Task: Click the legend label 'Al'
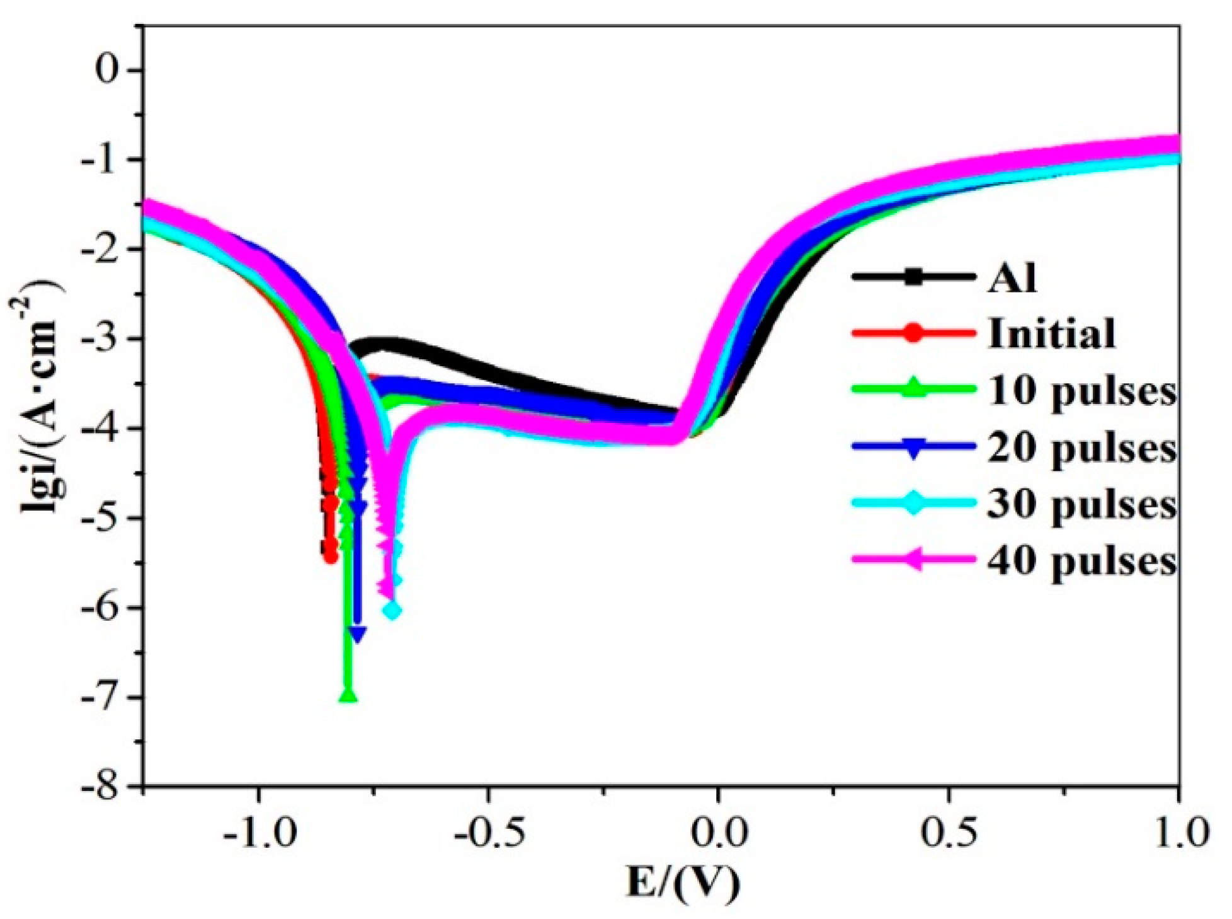click(x=1012, y=277)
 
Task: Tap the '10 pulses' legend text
click(x=1081, y=391)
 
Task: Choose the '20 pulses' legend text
click(x=1081, y=448)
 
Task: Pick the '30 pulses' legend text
click(x=1081, y=504)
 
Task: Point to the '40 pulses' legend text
click(x=1081, y=560)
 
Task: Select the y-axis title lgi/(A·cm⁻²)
click(x=39, y=403)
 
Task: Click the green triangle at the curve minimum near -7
click(x=348, y=695)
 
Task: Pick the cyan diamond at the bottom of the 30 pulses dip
click(x=392, y=610)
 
